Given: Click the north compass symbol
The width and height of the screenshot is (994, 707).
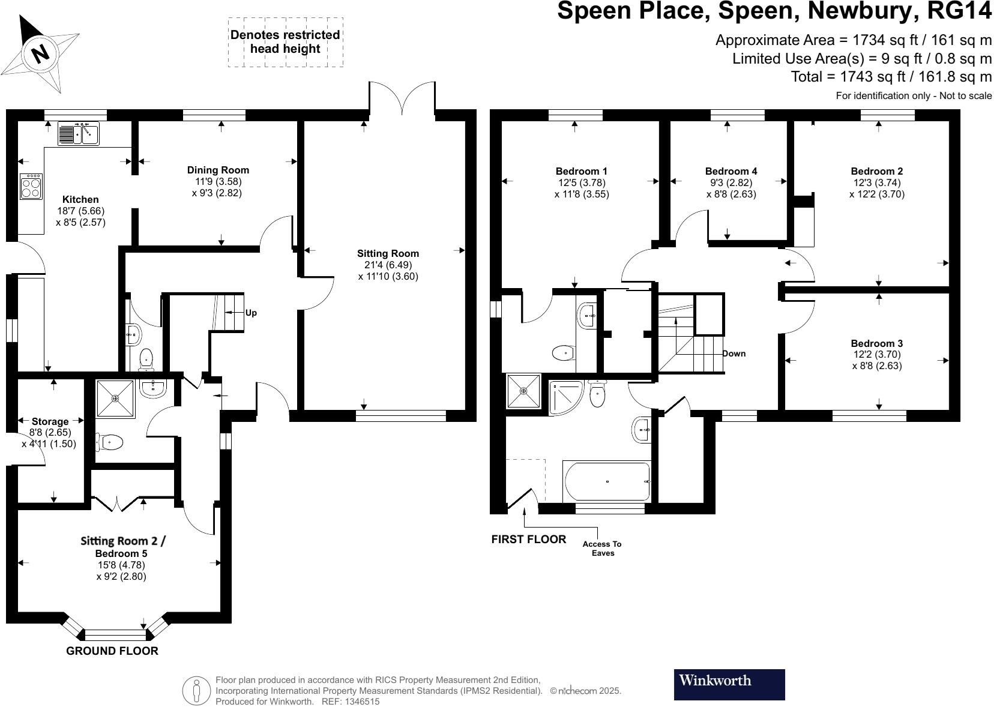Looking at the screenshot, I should click(x=40, y=53).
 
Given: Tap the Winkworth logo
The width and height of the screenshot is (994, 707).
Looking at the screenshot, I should click(x=729, y=684).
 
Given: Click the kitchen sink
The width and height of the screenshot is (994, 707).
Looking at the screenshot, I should click(x=79, y=133).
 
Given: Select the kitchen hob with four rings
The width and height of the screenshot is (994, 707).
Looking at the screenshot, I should click(x=31, y=186).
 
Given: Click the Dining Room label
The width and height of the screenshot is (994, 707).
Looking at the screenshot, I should click(x=218, y=170).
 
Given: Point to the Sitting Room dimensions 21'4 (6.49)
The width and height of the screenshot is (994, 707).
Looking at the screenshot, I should click(x=388, y=265).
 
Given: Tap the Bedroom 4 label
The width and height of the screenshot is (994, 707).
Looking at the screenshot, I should click(x=727, y=171).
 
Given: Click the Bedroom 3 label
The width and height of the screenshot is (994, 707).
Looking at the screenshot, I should click(x=876, y=343).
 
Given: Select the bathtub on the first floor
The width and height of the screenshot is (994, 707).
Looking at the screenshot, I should click(x=607, y=481).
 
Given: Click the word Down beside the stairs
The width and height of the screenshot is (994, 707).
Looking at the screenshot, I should click(x=733, y=353).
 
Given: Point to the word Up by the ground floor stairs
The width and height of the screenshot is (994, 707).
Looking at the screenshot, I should click(x=251, y=313).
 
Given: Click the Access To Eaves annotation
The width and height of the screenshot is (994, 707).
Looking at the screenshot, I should click(x=602, y=548).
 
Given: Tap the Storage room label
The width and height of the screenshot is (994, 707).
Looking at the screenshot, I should click(x=50, y=421).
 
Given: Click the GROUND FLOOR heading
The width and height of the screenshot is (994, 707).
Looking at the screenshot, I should click(x=112, y=651).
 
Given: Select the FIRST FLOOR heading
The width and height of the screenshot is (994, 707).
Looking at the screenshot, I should click(x=528, y=539).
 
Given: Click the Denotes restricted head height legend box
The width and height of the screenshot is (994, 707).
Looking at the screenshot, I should click(x=285, y=42).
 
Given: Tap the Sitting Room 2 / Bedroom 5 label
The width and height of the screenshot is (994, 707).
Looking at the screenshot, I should click(x=122, y=546).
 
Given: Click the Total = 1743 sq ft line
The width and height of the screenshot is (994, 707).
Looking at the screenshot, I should click(x=891, y=76).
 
